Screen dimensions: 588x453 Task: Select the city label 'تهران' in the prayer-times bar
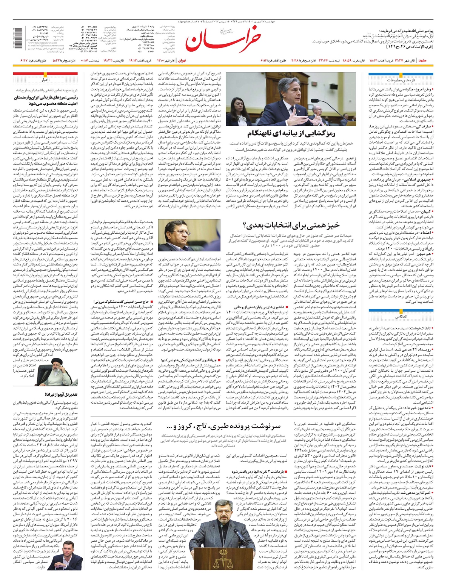tap(182, 60)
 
